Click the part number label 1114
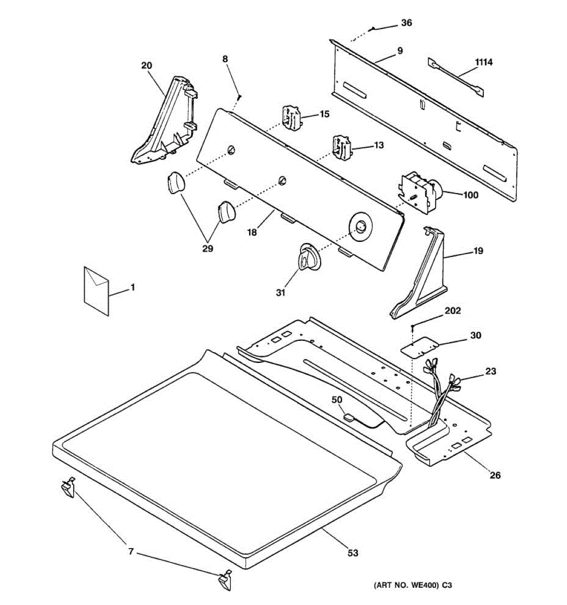pos(484,62)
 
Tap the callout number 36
pos(406,23)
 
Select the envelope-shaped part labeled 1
pos(96,291)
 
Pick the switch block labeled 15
pos(291,117)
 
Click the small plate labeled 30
pos(418,347)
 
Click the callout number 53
pos(353,553)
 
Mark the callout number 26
pos(495,475)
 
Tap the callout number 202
pos(452,311)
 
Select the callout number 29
pos(208,249)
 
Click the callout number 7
pos(131,552)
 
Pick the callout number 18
pos(252,232)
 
